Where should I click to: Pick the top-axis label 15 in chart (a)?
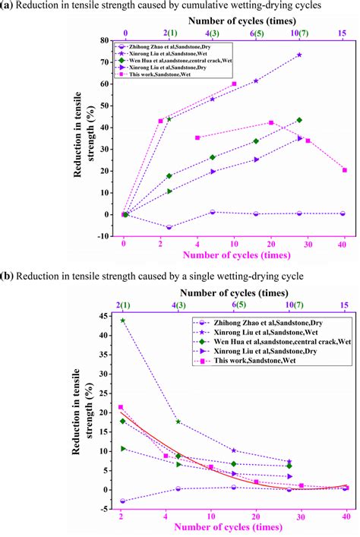[344, 33]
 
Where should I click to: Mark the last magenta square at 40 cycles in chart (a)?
[345, 170]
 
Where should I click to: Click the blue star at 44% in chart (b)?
[123, 321]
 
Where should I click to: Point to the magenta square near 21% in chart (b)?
[121, 407]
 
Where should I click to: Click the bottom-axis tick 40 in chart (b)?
[345, 515]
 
